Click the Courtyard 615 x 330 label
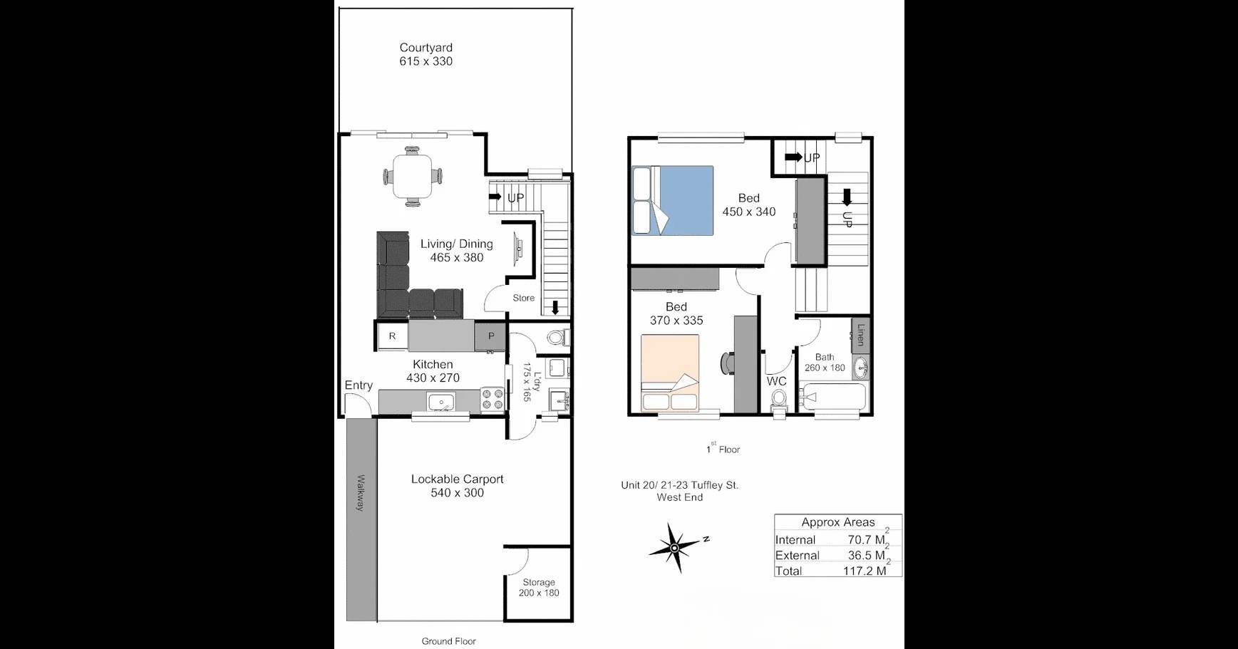(425, 54)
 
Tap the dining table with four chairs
(412, 176)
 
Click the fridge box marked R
(392, 336)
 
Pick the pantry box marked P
(490, 336)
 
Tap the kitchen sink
(441, 403)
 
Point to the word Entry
(358, 385)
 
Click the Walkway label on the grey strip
(361, 493)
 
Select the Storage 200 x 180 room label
(539, 588)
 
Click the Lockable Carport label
(457, 486)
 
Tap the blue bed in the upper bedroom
(673, 200)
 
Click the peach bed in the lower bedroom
(670, 374)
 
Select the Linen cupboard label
(860, 334)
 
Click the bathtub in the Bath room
(832, 397)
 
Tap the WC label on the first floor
(776, 381)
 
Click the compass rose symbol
(675, 547)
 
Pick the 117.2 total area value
(865, 571)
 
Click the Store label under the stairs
(523, 298)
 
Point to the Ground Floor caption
(448, 641)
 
